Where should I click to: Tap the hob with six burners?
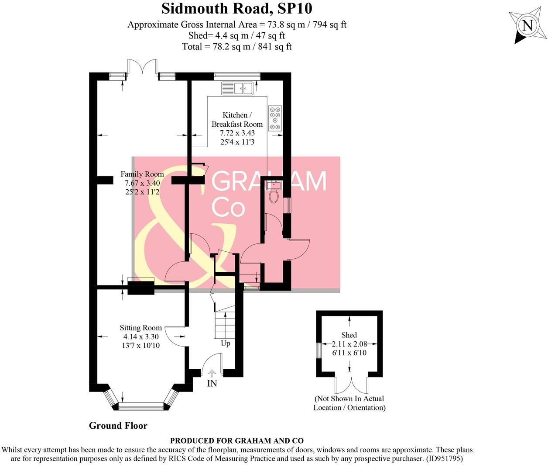pyautogui.click(x=275, y=118)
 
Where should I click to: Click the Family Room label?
pyautogui.click(x=142, y=174)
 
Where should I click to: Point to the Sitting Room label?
pyautogui.click(x=141, y=328)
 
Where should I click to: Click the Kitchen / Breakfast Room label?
pyautogui.click(x=237, y=119)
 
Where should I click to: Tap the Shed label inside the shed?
pyautogui.click(x=349, y=335)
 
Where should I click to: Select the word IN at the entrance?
pyautogui.click(x=212, y=384)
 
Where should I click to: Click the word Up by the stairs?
pyautogui.click(x=225, y=344)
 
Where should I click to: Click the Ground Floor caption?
pyautogui.click(x=118, y=426)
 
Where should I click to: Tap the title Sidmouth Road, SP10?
pyautogui.click(x=237, y=8)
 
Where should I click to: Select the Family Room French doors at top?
pyautogui.click(x=142, y=68)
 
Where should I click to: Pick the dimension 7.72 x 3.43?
pyautogui.click(x=237, y=133)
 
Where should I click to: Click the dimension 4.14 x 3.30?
pyautogui.click(x=141, y=337)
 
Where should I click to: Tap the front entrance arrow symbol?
pyautogui.click(x=212, y=374)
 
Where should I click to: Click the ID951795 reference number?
pyautogui.click(x=442, y=459)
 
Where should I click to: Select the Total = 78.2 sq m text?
pyautogui.click(x=237, y=46)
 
